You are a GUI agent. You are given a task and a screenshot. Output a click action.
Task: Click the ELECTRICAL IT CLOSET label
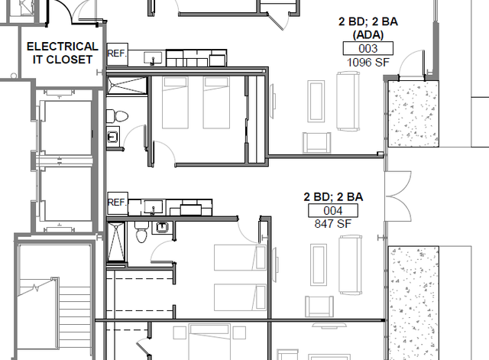[63, 53]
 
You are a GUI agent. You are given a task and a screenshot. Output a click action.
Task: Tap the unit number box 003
[368, 48]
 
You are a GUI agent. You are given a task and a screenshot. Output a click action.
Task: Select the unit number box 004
[333, 210]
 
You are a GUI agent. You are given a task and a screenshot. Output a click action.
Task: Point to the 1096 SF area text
[368, 63]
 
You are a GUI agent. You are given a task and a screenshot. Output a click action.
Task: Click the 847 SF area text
[333, 224]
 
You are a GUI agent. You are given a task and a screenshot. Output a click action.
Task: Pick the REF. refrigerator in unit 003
[117, 54]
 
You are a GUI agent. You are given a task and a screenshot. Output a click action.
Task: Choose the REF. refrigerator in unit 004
[117, 203]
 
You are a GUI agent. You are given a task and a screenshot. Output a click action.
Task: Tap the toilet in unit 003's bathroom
[117, 116]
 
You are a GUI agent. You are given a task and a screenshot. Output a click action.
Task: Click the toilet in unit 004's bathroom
[141, 232]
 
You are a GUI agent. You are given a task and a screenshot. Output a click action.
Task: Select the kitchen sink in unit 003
[153, 58]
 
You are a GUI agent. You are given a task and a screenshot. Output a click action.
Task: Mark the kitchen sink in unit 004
[153, 207]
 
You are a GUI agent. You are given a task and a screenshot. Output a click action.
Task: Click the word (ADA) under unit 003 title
[368, 34]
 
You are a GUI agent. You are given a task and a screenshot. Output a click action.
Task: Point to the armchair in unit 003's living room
[317, 142]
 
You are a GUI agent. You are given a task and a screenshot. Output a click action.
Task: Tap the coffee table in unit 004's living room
[319, 264]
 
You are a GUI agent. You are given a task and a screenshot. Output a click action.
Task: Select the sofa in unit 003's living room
[348, 101]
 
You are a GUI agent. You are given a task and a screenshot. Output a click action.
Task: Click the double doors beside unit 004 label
[397, 196]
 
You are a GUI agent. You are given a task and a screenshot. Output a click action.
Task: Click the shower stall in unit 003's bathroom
[127, 85]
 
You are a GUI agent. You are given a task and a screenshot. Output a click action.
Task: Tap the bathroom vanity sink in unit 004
[161, 228]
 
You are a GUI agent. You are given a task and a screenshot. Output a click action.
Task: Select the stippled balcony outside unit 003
[413, 114]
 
